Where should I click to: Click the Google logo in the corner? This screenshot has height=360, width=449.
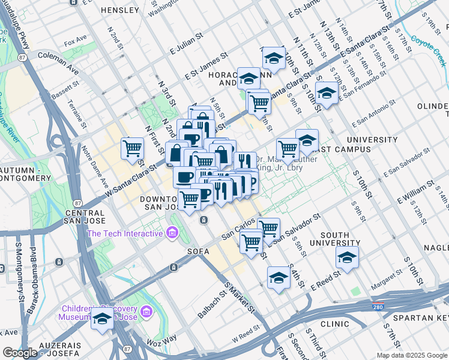(20, 353)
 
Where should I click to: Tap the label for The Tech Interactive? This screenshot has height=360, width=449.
(125, 233)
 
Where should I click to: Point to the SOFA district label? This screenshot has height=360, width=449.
(197, 251)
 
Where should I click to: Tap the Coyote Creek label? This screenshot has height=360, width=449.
(426, 45)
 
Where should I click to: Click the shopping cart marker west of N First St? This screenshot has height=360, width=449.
(132, 148)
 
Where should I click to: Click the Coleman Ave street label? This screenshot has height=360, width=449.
(58, 55)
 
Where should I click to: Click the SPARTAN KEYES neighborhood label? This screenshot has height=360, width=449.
(424, 317)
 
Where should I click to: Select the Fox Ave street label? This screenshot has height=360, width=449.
(76, 42)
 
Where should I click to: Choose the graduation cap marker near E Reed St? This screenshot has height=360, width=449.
(278, 278)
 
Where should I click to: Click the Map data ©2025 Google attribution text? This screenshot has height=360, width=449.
(411, 355)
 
